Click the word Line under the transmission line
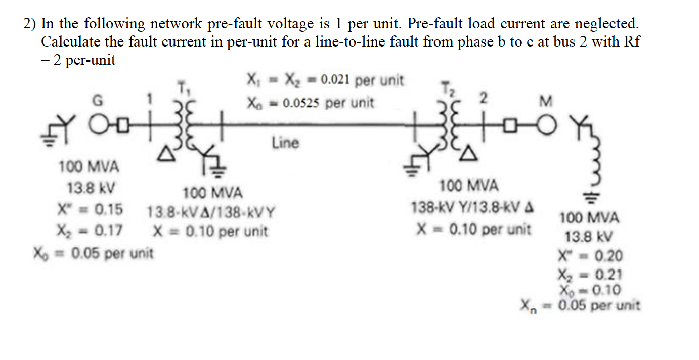(285, 143)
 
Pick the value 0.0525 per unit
(329, 103)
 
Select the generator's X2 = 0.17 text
(90, 230)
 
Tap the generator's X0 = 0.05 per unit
(93, 252)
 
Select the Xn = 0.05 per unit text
(581, 305)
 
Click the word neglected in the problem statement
(606, 23)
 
